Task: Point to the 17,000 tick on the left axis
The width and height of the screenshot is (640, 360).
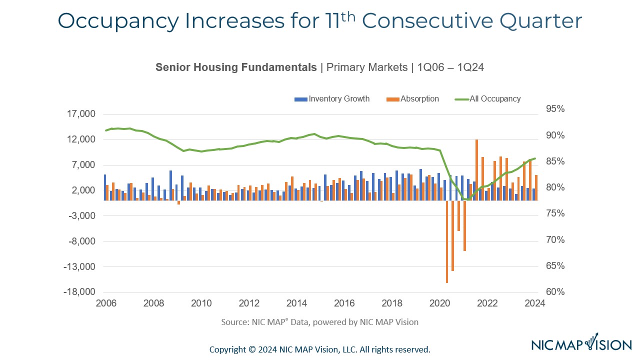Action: click(x=81, y=114)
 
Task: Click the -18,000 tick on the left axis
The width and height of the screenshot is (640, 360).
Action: click(x=79, y=292)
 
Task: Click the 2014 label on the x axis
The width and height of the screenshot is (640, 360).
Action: click(x=297, y=303)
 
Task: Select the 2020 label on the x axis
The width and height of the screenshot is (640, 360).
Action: click(x=440, y=303)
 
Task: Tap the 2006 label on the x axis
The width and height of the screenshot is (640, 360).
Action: click(x=106, y=303)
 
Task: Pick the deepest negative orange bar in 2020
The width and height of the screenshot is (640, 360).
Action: click(x=447, y=242)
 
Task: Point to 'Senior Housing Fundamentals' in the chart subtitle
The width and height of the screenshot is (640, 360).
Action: click(x=236, y=67)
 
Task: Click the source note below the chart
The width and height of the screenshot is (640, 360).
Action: click(x=319, y=322)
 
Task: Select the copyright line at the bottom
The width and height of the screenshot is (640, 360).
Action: click(x=319, y=349)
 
